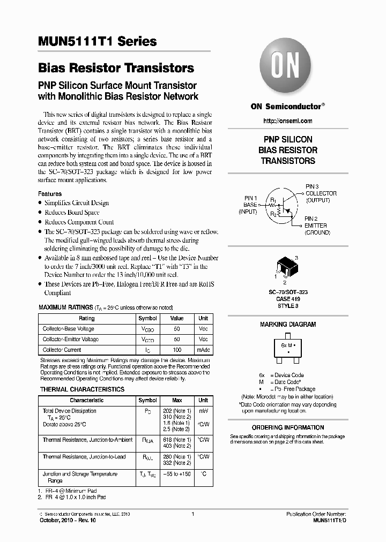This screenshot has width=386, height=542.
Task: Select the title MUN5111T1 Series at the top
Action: point(97,42)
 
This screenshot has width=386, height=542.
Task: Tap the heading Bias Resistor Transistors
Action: point(116,69)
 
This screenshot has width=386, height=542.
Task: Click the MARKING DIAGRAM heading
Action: point(288,325)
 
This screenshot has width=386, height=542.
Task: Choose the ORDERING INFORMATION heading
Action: point(288,427)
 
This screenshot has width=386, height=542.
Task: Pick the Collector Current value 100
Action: point(177,350)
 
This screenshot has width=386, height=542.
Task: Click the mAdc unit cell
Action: point(204,350)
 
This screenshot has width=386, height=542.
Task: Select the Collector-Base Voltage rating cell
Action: point(69,329)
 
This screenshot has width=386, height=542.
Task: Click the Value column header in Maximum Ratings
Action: point(177,318)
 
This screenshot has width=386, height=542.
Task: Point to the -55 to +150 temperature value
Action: point(177,474)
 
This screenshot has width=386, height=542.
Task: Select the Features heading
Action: point(50,194)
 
